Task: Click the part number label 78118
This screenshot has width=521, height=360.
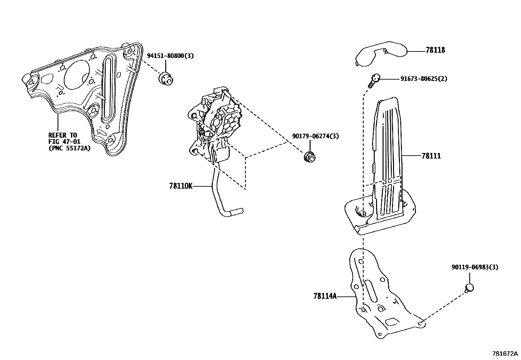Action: [435, 50]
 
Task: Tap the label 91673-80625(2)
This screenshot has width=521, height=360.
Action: [424, 79]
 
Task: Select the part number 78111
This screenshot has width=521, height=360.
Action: [431, 156]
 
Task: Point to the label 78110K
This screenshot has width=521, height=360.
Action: [181, 186]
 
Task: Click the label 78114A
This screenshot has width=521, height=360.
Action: [325, 296]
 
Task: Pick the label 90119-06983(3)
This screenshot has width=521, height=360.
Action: [475, 267]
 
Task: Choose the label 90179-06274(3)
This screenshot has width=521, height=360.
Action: [315, 136]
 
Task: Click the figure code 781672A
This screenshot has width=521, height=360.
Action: [505, 354]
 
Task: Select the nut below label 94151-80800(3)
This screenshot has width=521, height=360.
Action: [166, 79]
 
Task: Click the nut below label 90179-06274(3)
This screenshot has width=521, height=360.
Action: [309, 157]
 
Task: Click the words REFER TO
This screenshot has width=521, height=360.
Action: [62, 135]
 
